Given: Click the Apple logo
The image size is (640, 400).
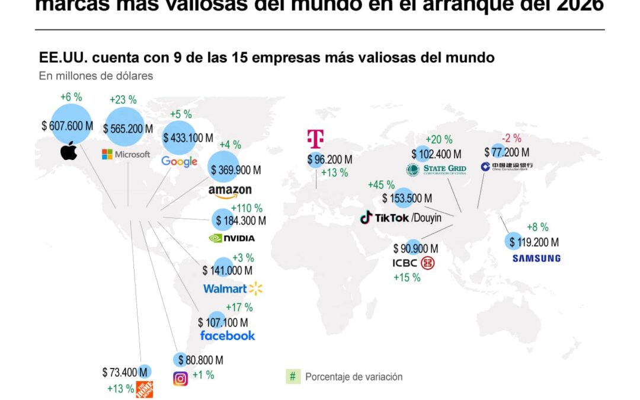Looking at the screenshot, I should coord(69,152).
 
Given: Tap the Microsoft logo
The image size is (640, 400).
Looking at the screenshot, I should coord(126,154).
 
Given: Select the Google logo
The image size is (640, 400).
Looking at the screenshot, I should coord(179,162).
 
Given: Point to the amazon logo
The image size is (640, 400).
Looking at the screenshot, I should coord(230,191).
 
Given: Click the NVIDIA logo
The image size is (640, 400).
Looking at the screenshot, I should coord(232,238).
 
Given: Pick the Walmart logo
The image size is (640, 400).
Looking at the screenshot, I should coord(232,289).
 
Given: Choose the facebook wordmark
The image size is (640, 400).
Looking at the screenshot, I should coord(228,335).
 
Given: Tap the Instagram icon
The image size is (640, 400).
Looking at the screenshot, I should coord(180,379).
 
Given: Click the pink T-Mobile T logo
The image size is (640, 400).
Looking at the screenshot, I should coord(315,138).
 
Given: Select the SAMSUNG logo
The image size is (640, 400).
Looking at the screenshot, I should coord(536,258).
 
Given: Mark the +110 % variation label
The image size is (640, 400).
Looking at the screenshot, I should coord(246,208).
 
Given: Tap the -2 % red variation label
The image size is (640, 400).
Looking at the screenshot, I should coord(511,139).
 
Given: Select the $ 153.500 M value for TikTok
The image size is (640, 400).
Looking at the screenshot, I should coord(407,198).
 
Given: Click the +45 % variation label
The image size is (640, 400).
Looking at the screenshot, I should coord(382,185).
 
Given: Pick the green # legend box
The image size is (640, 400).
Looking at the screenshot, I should coord(293,376).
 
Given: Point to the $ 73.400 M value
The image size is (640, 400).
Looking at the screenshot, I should coord(124,372).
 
